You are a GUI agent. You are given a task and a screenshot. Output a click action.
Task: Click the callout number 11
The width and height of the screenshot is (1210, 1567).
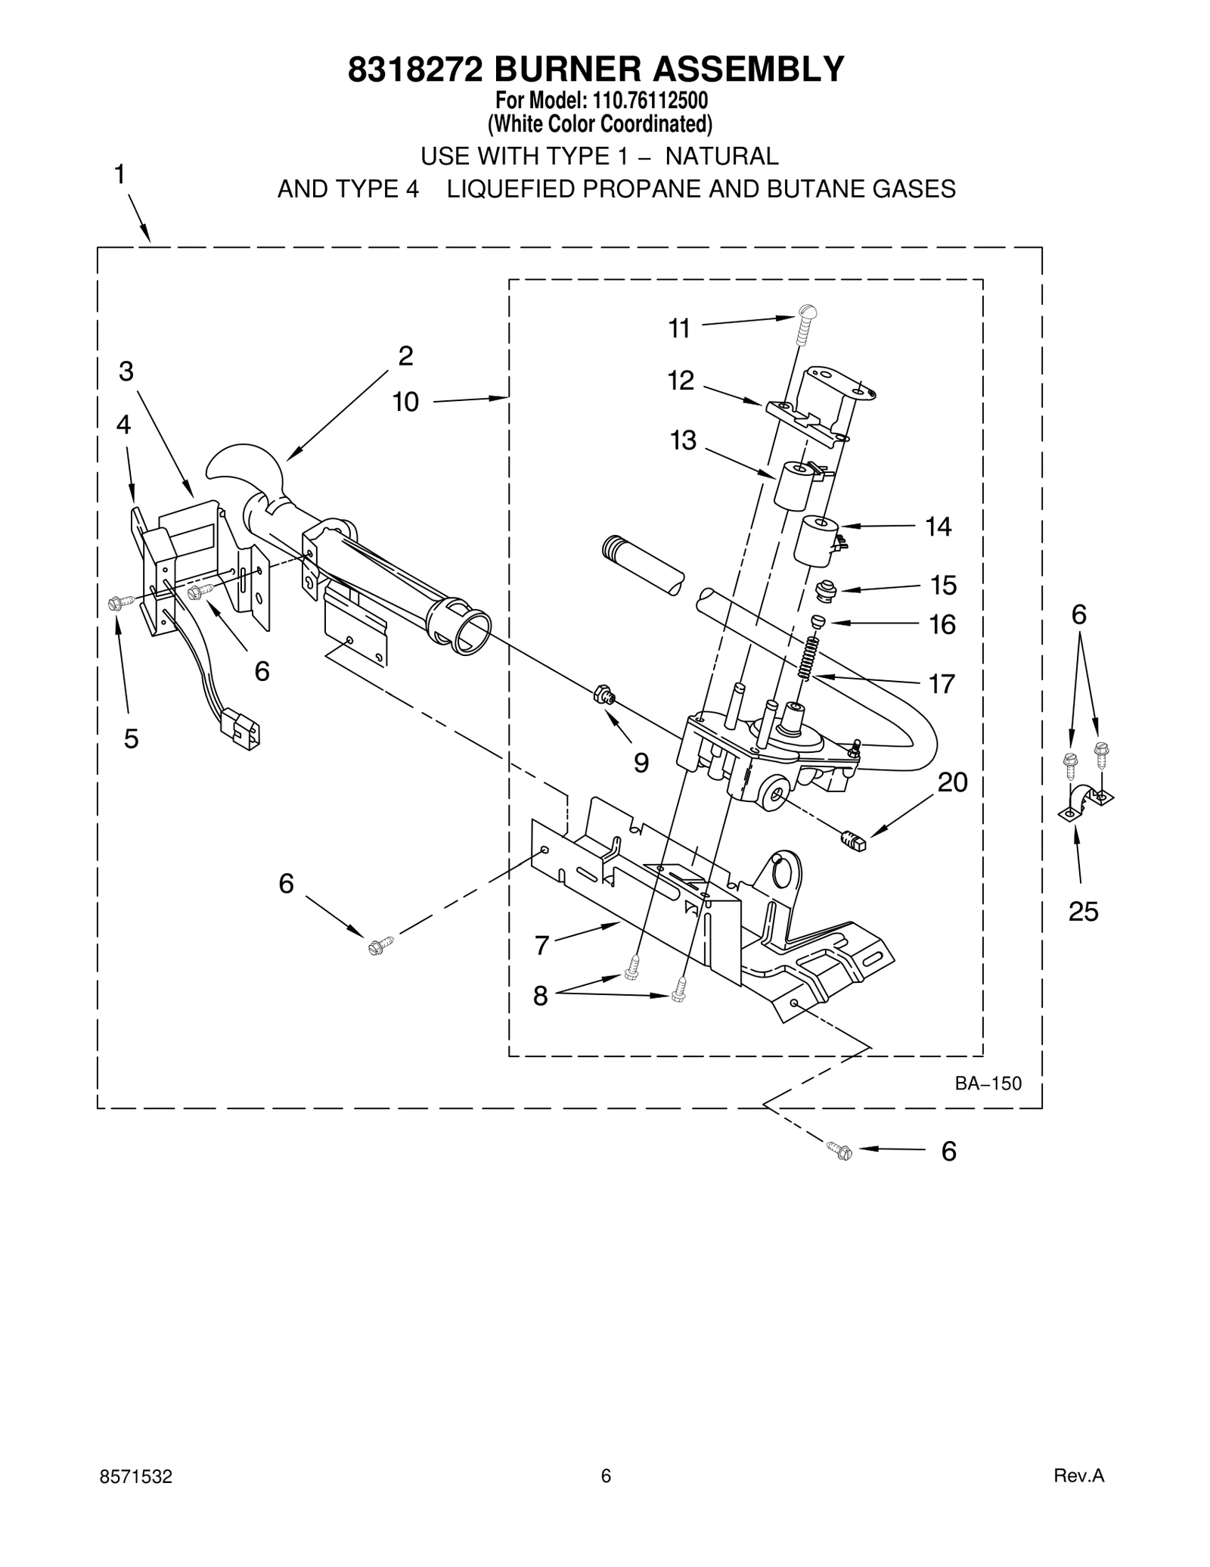point(679,328)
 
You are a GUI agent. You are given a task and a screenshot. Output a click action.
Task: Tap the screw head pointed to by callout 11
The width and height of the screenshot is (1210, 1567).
point(807,310)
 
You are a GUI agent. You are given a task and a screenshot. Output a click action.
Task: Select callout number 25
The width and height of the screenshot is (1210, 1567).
point(1083,912)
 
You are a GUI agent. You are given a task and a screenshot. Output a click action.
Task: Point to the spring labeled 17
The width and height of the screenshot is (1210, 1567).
point(809,658)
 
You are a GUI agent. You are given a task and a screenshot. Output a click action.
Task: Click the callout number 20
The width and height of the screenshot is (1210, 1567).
point(952,782)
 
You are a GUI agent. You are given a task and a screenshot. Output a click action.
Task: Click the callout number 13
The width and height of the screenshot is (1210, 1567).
point(683,440)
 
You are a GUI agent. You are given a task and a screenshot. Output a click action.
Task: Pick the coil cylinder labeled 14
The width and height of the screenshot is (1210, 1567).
point(815,540)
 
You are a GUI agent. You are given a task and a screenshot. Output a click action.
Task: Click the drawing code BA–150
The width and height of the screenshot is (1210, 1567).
point(988,1084)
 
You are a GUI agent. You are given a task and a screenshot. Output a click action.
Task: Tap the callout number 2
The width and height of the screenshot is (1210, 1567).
point(405,356)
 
